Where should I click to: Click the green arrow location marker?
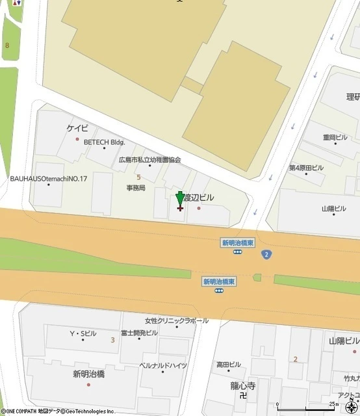(x=180, y=199)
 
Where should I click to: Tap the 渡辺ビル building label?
(x=198, y=197)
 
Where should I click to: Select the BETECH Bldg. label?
(x=104, y=142)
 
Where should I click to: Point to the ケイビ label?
(x=77, y=129)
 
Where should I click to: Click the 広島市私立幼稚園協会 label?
(x=149, y=159)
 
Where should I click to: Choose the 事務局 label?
(x=136, y=188)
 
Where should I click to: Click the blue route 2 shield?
(x=267, y=254)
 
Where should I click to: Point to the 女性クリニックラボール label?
(x=177, y=320)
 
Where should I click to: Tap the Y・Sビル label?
(x=83, y=333)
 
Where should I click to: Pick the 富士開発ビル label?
(x=139, y=333)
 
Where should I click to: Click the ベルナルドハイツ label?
(x=163, y=365)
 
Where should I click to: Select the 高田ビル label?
(x=228, y=365)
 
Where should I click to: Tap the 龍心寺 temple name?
(x=243, y=385)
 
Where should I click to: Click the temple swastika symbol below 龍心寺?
(x=243, y=395)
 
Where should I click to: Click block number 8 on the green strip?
(x=7, y=45)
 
